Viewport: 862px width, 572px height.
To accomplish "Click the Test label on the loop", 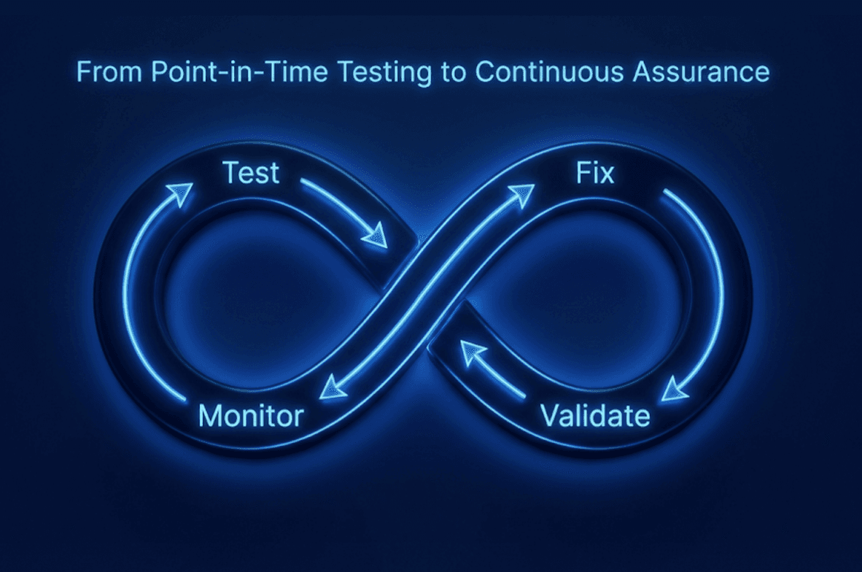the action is (251, 172).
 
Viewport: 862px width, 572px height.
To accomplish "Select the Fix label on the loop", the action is (595, 172).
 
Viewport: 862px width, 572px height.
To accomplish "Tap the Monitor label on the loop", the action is (251, 416).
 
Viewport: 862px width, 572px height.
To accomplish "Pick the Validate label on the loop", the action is (595, 416).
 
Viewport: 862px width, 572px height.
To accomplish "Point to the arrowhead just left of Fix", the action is (521, 195).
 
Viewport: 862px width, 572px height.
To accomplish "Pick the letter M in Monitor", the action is (209, 416).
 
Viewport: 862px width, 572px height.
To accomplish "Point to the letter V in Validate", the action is (551, 416).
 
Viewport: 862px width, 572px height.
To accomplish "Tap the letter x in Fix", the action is (607, 175).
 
